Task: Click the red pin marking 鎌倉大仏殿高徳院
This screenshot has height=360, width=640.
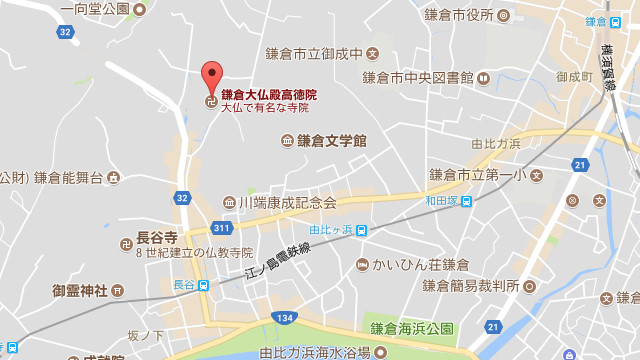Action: point(211,75)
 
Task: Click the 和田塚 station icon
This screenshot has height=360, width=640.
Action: point(466,200)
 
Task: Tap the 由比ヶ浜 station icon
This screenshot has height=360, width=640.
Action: point(361,230)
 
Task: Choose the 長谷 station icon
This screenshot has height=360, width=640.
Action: point(203,285)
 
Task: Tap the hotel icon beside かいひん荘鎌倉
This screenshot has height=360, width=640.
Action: point(362,265)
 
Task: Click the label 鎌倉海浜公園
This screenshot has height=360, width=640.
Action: point(412,329)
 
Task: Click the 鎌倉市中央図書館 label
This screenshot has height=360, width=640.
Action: point(418,77)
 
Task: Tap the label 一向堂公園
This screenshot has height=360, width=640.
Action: point(94,9)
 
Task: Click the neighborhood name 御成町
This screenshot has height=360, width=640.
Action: point(575,76)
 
